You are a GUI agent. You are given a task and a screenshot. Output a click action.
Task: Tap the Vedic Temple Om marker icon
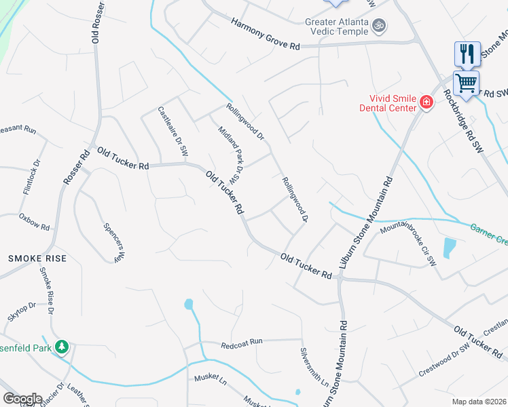[x=380, y=26]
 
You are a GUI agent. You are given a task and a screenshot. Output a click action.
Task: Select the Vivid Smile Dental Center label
[x=393, y=103]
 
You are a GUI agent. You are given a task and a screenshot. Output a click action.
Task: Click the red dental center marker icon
[x=427, y=102]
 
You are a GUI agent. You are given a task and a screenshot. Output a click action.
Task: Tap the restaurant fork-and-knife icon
[x=467, y=54]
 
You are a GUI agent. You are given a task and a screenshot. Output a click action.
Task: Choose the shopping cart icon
[x=466, y=83]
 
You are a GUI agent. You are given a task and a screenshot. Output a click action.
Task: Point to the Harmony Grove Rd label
[x=265, y=34]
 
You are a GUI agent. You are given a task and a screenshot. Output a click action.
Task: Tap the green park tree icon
[x=62, y=347]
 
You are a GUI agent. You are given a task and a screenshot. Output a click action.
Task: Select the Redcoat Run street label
[x=241, y=345]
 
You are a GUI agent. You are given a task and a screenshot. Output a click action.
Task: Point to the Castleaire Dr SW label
[x=172, y=133]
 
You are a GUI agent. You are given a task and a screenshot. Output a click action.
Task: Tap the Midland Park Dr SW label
[x=230, y=155]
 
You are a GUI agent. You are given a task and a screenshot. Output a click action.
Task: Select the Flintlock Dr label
[x=32, y=178]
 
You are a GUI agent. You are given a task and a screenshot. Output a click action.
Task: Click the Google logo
[x=22, y=399]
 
